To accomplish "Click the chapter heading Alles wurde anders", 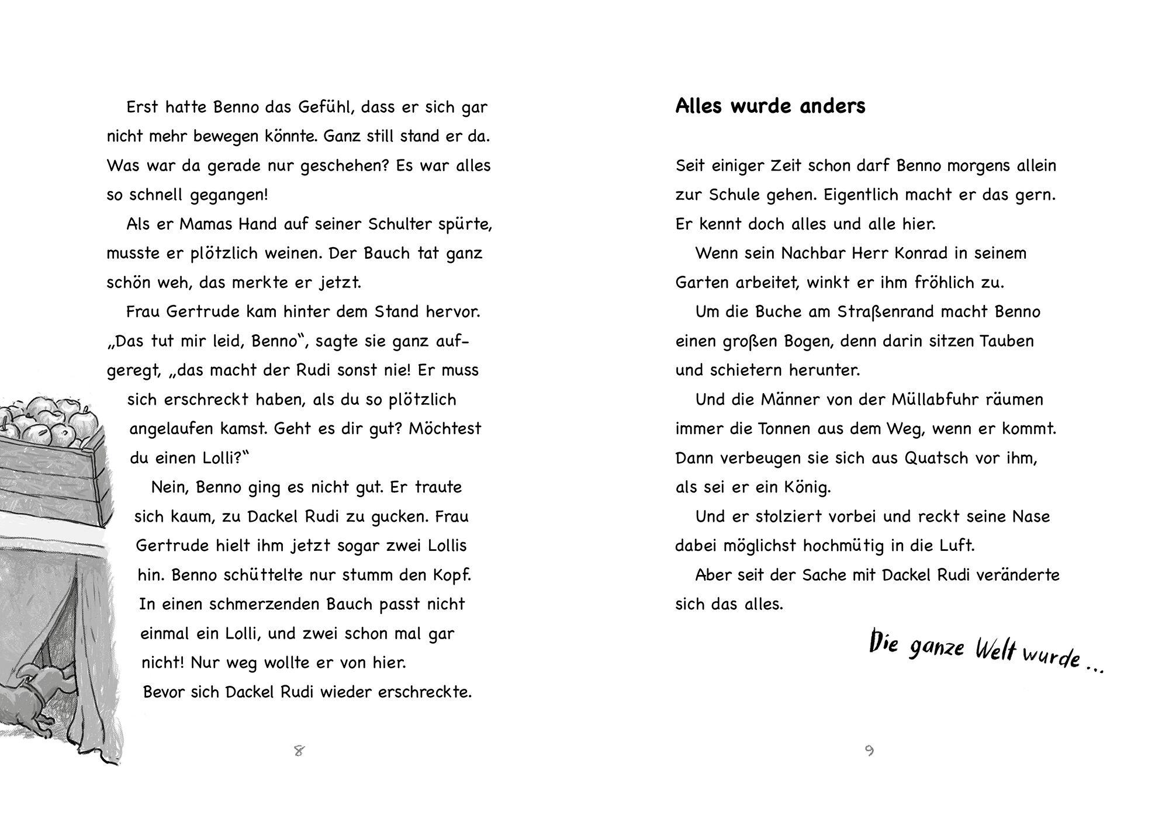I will tap(770, 106).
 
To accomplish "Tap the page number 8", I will tap(299, 751).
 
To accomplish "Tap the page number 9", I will tap(869, 751).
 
